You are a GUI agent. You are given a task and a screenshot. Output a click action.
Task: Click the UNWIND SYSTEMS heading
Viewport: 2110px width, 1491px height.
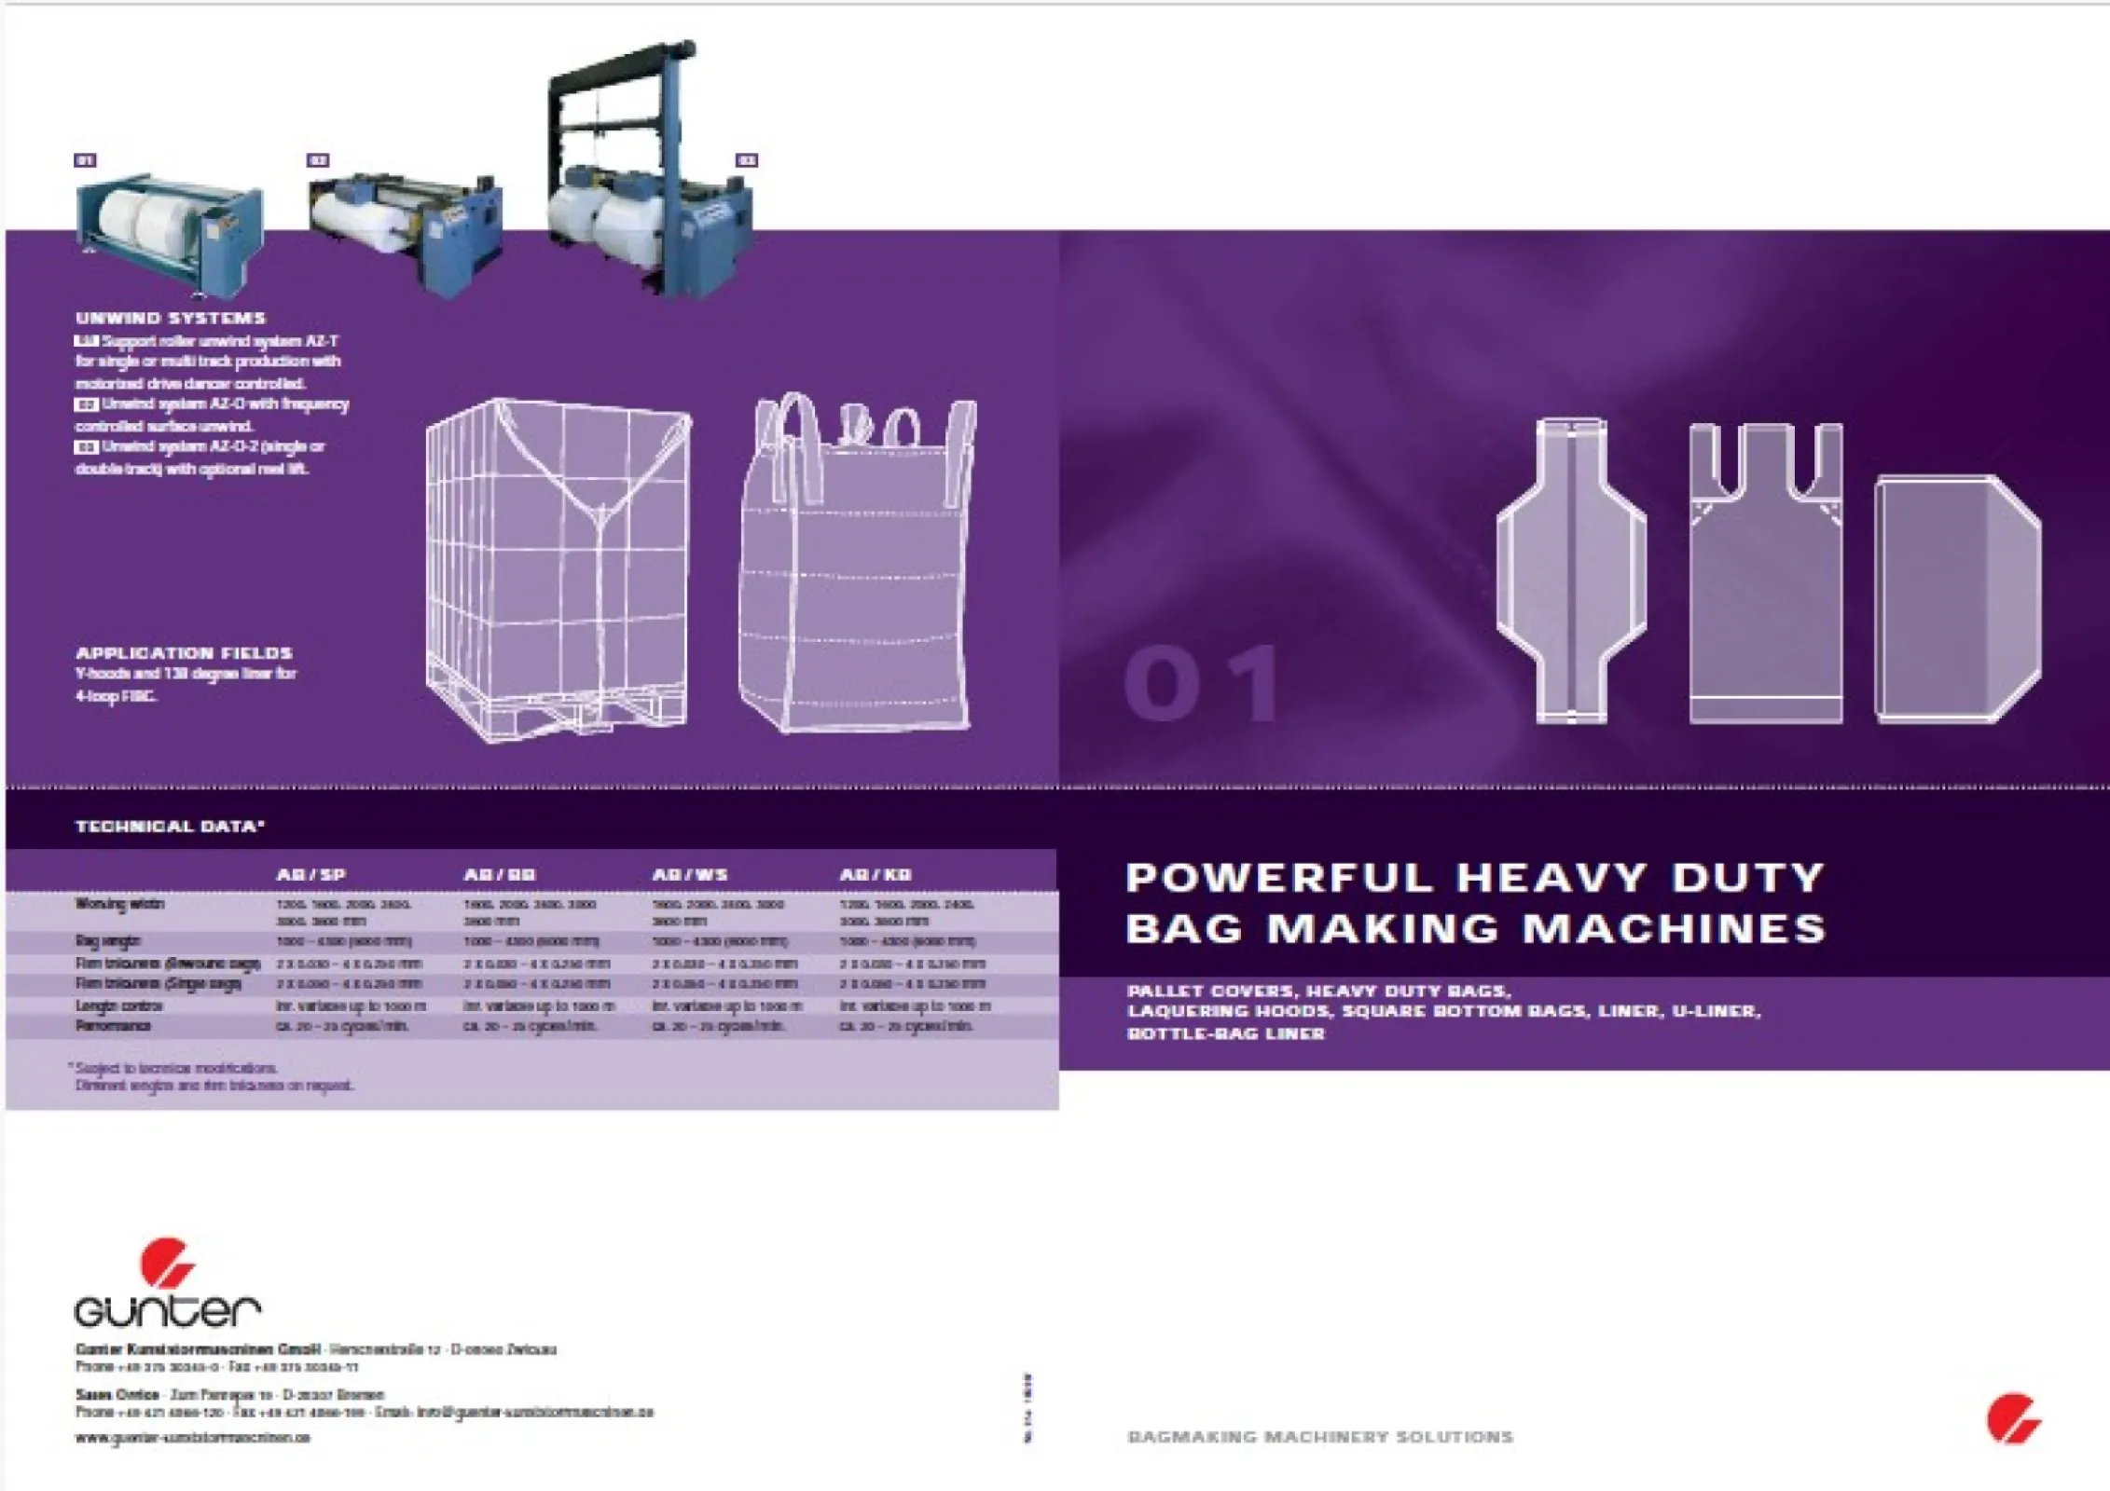pyautogui.click(x=171, y=318)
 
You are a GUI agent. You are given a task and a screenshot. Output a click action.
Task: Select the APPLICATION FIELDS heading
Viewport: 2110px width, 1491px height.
pyautogui.click(x=184, y=652)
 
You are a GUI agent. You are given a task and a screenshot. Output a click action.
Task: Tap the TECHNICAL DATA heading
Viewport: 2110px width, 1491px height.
pyautogui.click(x=170, y=826)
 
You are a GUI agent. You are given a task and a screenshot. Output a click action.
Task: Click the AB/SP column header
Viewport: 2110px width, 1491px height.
pyautogui.click(x=310, y=875)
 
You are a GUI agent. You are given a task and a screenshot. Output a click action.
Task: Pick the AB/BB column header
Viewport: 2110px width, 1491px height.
pyautogui.click(x=500, y=875)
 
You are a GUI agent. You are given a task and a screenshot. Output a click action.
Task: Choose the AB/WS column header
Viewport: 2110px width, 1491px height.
pyautogui.click(x=690, y=875)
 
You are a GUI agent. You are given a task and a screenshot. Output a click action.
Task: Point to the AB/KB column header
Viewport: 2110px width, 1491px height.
pyautogui.click(x=876, y=875)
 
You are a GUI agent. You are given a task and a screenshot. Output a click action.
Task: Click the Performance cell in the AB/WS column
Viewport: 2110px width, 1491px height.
pyautogui.click(x=718, y=1026)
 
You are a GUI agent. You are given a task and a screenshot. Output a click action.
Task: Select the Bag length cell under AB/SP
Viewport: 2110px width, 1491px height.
pyautogui.click(x=343, y=941)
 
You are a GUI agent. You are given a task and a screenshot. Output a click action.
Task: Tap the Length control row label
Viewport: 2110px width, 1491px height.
pyautogui.click(x=118, y=1006)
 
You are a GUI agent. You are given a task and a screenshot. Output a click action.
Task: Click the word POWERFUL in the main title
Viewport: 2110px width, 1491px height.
pyautogui.click(x=1279, y=878)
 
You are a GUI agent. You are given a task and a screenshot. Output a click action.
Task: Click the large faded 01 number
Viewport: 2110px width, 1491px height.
pyautogui.click(x=1203, y=684)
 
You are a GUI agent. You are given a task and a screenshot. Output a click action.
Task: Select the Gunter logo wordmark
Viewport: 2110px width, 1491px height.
pyautogui.click(x=167, y=1309)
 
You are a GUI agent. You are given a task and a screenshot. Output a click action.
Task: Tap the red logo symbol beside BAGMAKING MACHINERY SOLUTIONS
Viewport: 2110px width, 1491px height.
pyautogui.click(x=2013, y=1417)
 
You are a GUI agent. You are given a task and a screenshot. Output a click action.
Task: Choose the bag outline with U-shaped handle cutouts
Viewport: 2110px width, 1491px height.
pyautogui.click(x=1765, y=573)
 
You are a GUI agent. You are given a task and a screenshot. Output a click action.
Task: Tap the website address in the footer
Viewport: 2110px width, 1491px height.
pyautogui.click(x=192, y=1438)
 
